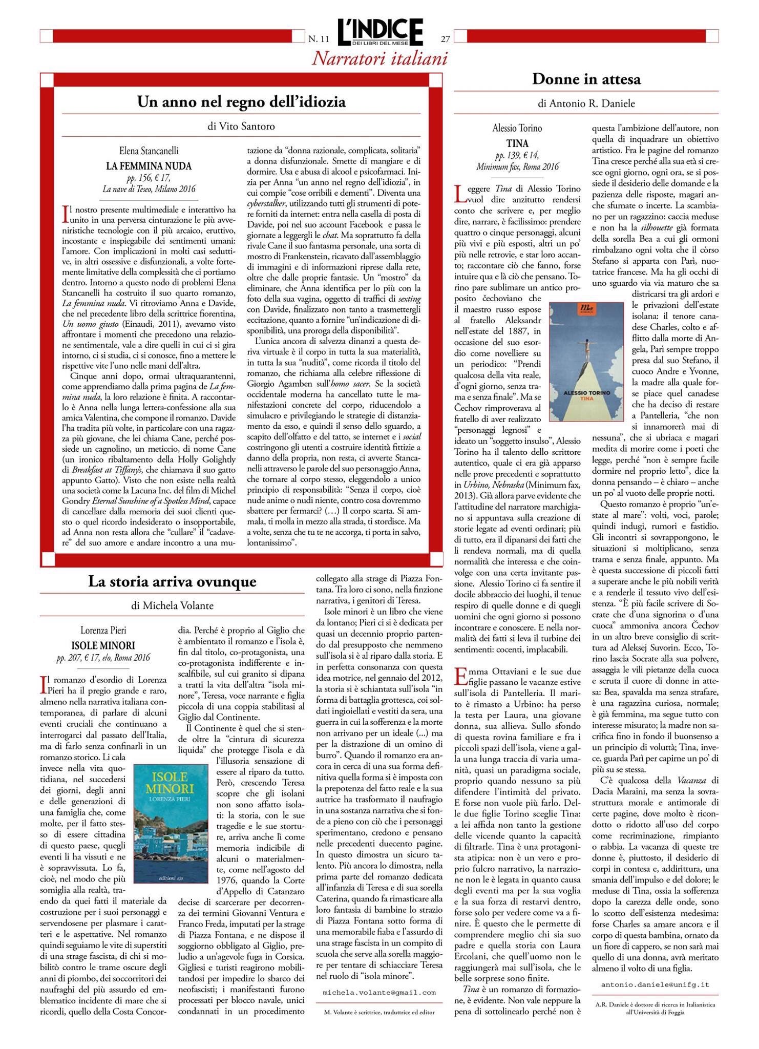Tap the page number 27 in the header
445,38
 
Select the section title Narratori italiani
379,59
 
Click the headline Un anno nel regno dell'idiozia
241,102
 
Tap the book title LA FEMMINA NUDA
149,166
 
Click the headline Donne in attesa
586,79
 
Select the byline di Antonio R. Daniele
586,103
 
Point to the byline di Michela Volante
172,606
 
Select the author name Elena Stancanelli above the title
149,152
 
